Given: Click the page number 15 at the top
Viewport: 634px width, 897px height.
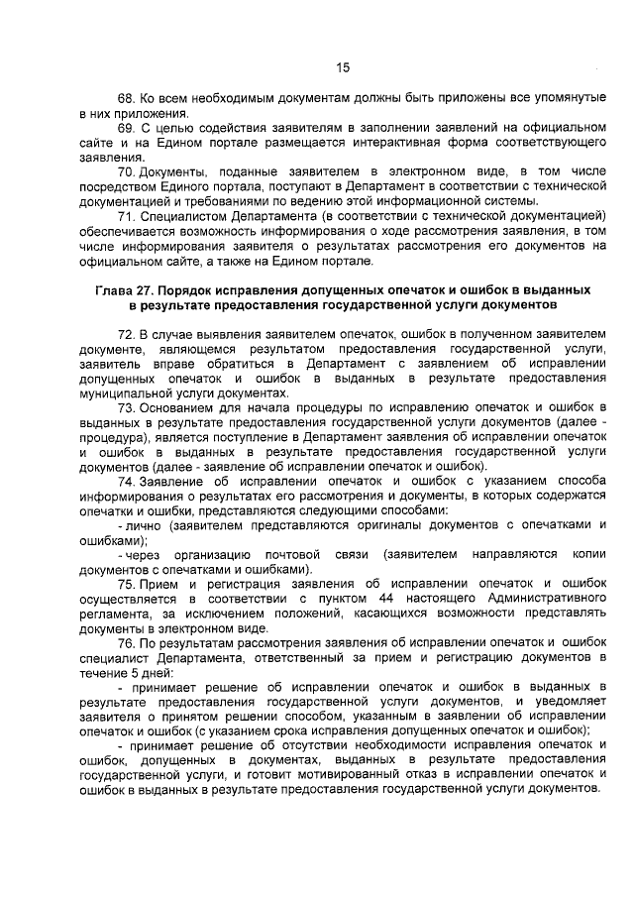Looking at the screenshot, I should pos(343,67).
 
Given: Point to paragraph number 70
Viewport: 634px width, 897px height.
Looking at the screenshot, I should pos(126,173).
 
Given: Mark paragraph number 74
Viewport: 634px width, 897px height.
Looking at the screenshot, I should pos(126,482).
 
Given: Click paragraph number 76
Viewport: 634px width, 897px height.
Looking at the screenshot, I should pos(126,643).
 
